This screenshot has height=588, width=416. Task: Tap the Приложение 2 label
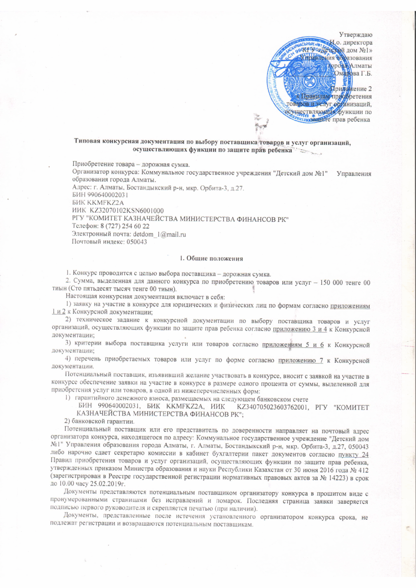point(351,89)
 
